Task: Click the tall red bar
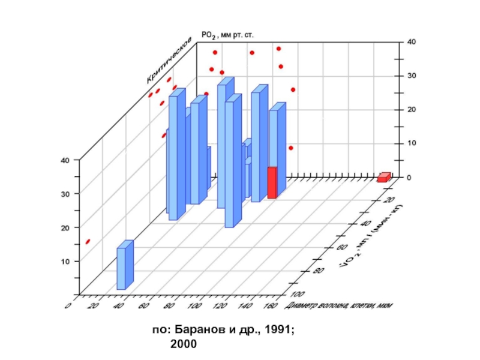(272, 182)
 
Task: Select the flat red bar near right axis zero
(383, 178)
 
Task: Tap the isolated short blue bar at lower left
(125, 266)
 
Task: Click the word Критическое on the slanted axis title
(169, 61)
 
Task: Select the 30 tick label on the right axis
(410, 76)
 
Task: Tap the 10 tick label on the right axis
(410, 143)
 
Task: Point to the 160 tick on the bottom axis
(270, 307)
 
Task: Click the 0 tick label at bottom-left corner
(68, 307)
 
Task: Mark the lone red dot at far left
(88, 241)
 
